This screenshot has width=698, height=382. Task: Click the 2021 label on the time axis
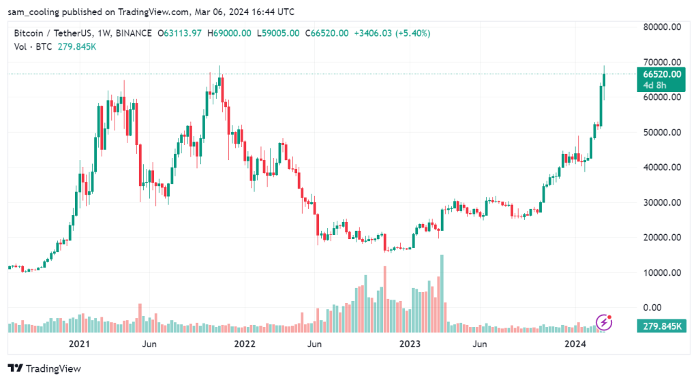pyautogui.click(x=80, y=345)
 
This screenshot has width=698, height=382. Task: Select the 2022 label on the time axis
pyautogui.click(x=243, y=345)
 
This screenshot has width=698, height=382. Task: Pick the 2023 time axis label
pyautogui.click(x=409, y=345)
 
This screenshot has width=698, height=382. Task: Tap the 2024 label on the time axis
pyautogui.click(x=575, y=345)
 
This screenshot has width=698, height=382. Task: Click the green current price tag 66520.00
pyautogui.click(x=659, y=74)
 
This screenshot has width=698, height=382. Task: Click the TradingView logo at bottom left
pyautogui.click(x=45, y=368)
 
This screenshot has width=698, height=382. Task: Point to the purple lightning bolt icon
pyautogui.click(x=604, y=321)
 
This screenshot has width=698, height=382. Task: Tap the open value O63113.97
pyautogui.click(x=180, y=33)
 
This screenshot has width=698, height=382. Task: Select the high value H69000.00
pyautogui.click(x=230, y=33)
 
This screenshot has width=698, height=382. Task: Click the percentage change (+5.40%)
pyautogui.click(x=410, y=33)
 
